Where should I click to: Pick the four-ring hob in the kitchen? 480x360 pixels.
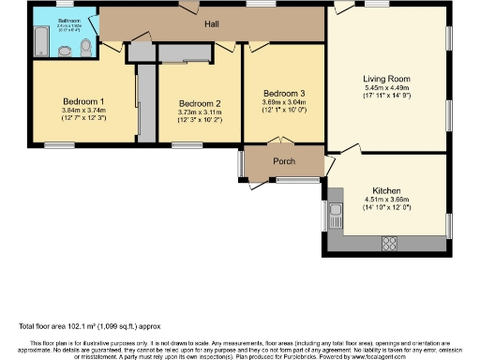(389, 243)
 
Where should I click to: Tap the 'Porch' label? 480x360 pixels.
(284, 161)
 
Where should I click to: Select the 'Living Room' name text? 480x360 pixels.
(387, 79)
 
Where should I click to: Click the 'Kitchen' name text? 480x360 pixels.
(386, 188)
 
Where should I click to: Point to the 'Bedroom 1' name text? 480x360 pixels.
(83, 100)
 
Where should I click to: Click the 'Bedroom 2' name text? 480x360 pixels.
(200, 103)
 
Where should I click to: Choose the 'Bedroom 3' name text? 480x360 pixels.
(283, 93)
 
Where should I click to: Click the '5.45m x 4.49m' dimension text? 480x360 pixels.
(387, 88)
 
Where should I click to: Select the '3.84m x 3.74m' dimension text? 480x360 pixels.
(83, 110)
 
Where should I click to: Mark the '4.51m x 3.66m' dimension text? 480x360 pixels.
(386, 199)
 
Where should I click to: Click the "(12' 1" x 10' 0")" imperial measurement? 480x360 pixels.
(283, 112)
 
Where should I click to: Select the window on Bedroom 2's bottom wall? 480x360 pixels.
(186, 144)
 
